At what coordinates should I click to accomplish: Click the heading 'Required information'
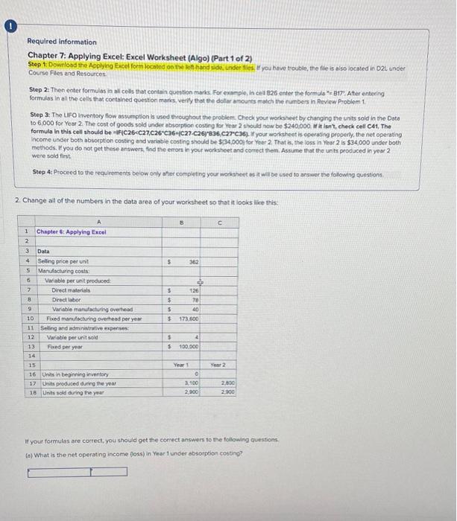tap(62, 42)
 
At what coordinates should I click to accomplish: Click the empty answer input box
tap(77, 471)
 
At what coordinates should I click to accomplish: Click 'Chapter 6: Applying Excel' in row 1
tap(72, 231)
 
